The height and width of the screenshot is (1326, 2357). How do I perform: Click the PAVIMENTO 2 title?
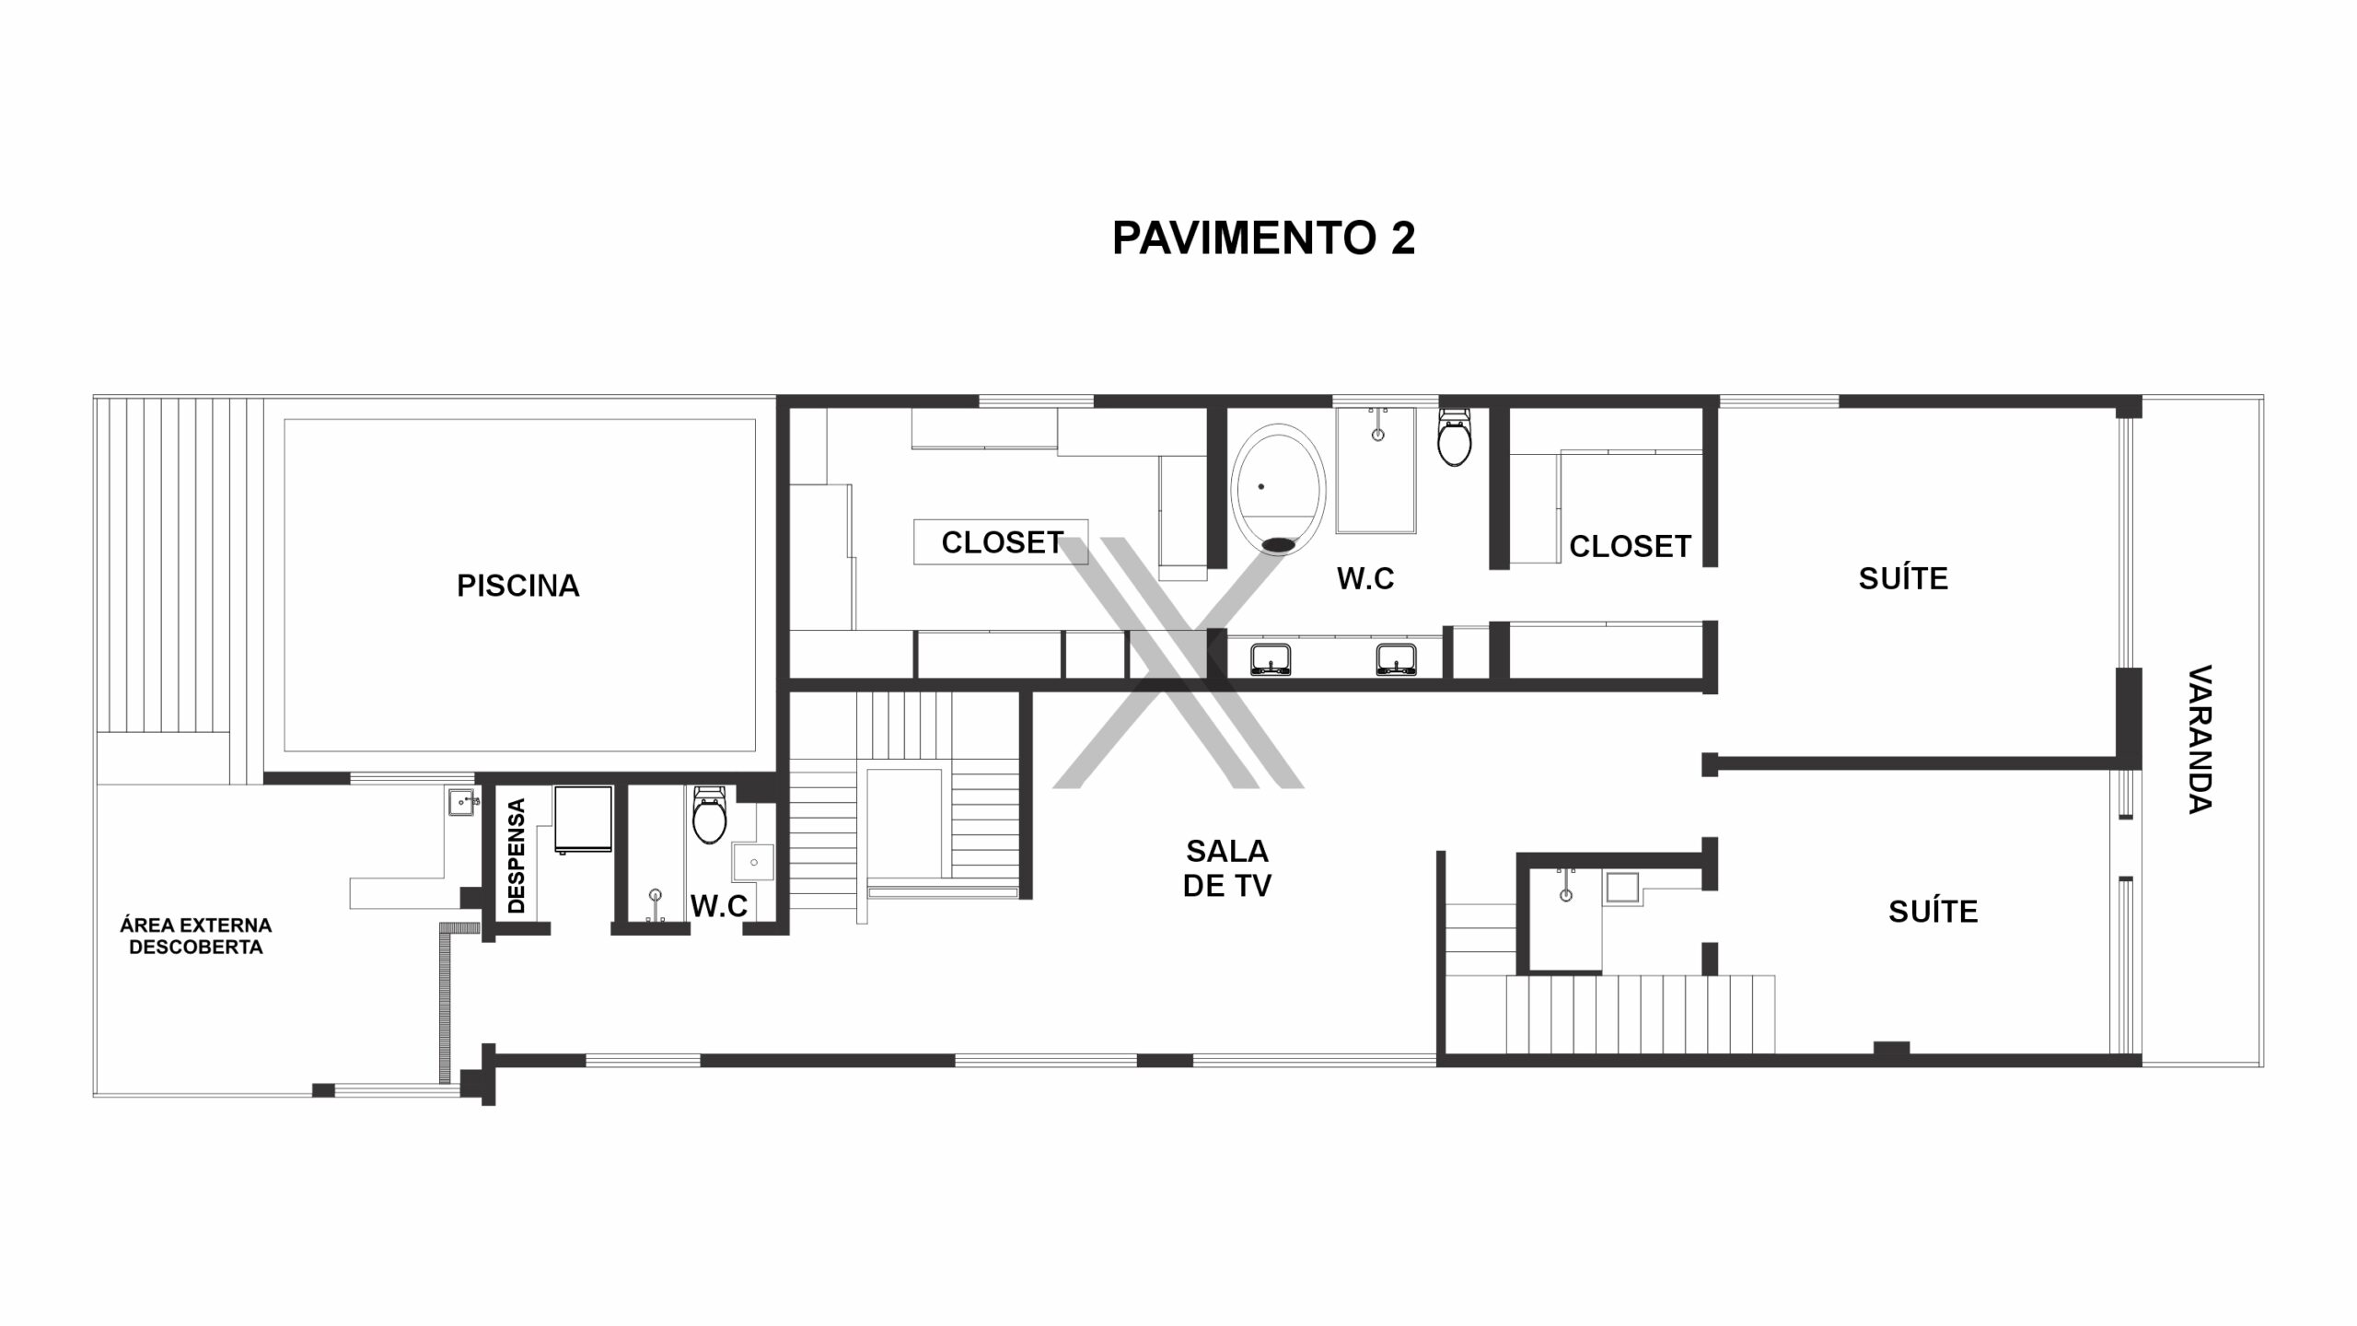click(x=1263, y=238)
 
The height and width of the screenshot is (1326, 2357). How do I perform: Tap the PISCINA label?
click(x=518, y=586)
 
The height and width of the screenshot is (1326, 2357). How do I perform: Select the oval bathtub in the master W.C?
click(x=1278, y=490)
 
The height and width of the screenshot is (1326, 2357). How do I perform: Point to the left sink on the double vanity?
click(x=1271, y=659)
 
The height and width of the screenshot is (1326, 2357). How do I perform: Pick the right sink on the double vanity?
click(x=1396, y=659)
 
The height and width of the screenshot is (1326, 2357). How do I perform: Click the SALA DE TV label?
click(x=1227, y=868)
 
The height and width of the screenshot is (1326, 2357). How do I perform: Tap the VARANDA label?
click(x=2200, y=739)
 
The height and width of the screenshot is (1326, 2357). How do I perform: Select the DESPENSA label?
click(x=517, y=855)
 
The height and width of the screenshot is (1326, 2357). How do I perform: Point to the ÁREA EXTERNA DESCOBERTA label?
click(x=196, y=936)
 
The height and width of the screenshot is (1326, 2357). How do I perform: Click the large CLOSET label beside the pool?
click(x=1003, y=543)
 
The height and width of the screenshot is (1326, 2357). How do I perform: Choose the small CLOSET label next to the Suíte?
click(x=1631, y=547)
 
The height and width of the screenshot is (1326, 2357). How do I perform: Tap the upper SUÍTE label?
click(x=1903, y=578)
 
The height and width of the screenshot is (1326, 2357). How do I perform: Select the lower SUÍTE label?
click(x=1933, y=912)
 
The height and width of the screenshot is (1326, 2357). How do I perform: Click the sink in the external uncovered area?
click(x=462, y=802)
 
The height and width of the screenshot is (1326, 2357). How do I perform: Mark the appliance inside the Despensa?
click(x=583, y=819)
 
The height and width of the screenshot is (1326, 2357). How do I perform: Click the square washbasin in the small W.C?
click(x=753, y=862)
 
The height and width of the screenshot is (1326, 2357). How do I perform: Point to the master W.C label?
click(x=1365, y=578)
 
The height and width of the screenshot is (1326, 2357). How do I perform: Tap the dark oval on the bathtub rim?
click(x=1278, y=545)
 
